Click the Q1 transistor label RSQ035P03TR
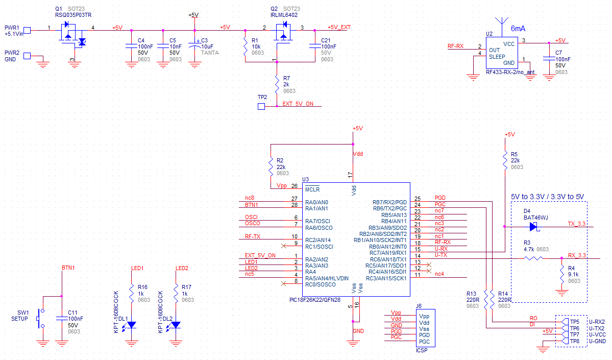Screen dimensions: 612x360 tap(74, 15)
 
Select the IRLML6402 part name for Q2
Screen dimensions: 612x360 tap(284, 15)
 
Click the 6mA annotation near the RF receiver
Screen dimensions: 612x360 tap(518, 29)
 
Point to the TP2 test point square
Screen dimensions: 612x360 tap(261, 106)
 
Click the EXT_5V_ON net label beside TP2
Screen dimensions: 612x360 tap(298, 104)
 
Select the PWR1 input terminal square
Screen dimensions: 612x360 tap(28, 30)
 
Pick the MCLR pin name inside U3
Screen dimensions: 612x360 tap(312, 189)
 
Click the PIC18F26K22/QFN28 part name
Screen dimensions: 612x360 tap(314, 300)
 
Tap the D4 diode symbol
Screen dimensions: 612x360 tap(534, 226)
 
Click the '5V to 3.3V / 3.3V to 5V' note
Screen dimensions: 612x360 tap(547, 197)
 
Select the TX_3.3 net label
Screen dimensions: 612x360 tap(576, 224)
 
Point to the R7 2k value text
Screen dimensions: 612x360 tap(286, 84)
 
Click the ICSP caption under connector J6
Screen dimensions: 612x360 tap(422, 350)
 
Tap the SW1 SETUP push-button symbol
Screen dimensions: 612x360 tap(41, 319)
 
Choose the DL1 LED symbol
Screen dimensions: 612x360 tap(131, 325)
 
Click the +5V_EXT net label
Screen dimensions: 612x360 tap(339, 28)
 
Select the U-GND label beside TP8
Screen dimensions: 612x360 tap(598, 341)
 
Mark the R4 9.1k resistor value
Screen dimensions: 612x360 tap(573, 275)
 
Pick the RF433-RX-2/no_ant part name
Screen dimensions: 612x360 tap(510, 72)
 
